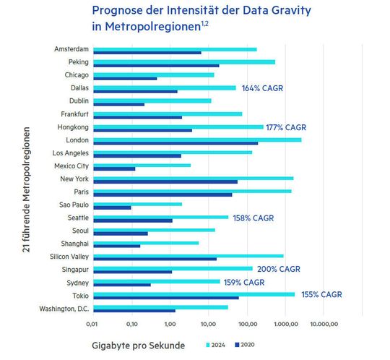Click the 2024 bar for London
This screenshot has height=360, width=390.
click(x=196, y=140)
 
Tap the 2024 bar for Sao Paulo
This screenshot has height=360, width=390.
click(x=136, y=204)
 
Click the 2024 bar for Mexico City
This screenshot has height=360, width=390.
click(x=141, y=166)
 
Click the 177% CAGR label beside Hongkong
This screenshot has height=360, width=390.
click(x=287, y=127)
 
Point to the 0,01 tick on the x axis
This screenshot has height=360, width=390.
click(x=92, y=324)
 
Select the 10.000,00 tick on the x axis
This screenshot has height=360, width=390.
click(x=324, y=324)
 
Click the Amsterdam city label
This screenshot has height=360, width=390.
click(x=71, y=49)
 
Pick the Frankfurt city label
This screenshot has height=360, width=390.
click(x=74, y=113)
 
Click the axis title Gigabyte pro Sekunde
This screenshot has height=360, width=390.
click(x=138, y=346)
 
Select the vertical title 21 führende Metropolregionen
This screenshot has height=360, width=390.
click(x=27, y=191)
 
